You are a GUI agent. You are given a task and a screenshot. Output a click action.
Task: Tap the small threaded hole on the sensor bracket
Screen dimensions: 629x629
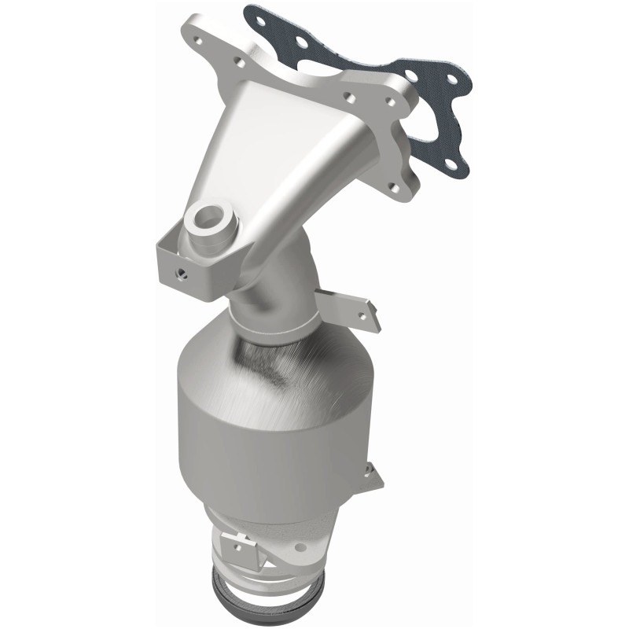[182, 272]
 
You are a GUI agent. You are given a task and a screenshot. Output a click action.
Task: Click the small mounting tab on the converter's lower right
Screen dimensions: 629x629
[371, 474]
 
